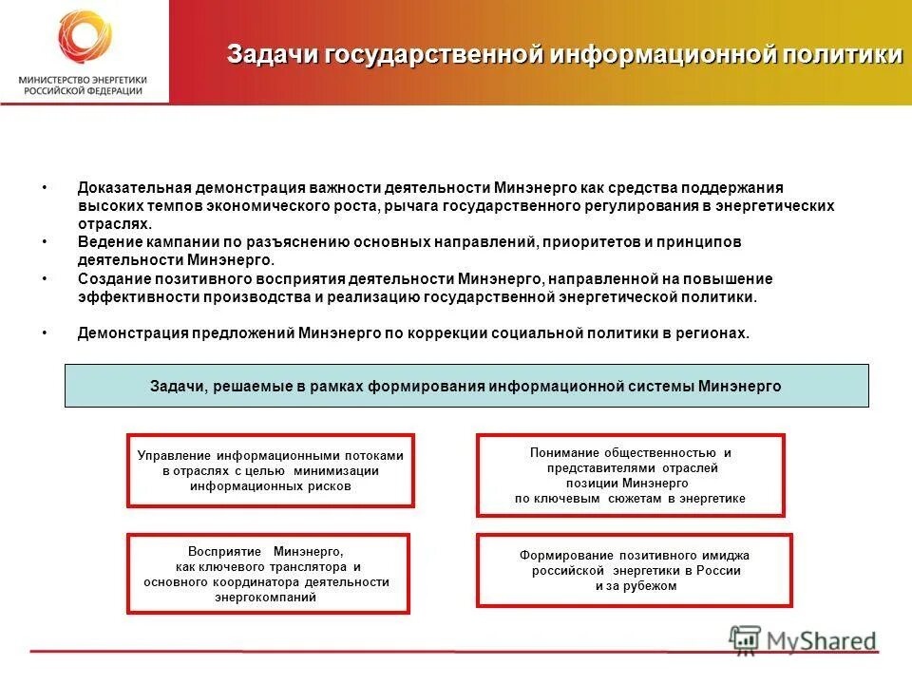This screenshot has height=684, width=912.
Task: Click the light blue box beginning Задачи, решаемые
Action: tap(465, 386)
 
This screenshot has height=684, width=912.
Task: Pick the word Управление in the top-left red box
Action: tap(175, 456)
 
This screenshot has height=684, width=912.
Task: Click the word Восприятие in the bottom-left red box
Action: tap(220, 551)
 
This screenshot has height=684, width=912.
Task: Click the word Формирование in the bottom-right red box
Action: tap(567, 555)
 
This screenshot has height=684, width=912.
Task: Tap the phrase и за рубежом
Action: tap(636, 586)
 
